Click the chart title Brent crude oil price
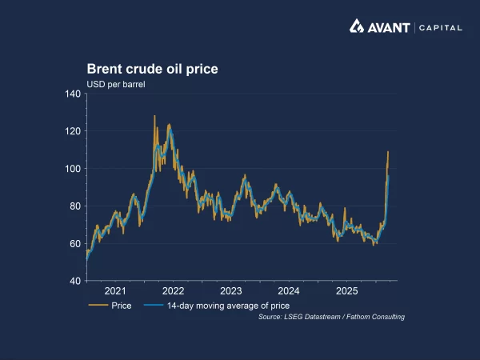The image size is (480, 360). [152, 70]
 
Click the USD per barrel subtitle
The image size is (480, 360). [116, 84]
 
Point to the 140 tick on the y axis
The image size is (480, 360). [73, 94]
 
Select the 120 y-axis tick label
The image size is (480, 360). [73, 131]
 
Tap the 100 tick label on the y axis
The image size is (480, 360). [73, 169]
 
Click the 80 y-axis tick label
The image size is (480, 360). [75, 206]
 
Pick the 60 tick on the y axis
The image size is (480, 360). [75, 243]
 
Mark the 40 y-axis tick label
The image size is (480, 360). [75, 281]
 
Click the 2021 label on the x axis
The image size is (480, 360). [115, 291]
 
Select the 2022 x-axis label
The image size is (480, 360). [173, 291]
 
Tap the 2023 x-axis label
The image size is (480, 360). [231, 291]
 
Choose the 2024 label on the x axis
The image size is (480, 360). [289, 291]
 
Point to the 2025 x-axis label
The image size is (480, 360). [346, 291]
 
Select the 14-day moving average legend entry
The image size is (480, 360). [216, 306]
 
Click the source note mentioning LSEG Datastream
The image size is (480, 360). [331, 318]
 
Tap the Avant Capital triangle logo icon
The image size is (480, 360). [357, 26]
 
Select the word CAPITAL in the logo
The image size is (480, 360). [439, 27]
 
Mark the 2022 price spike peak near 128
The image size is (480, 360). [154, 117]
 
